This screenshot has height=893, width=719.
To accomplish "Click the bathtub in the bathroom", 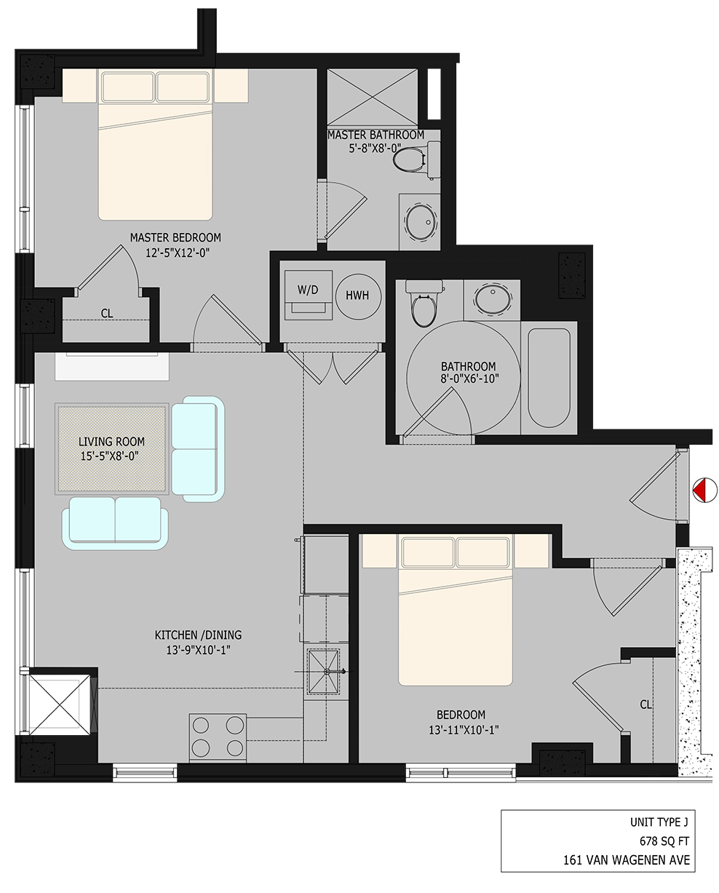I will tap(549, 378).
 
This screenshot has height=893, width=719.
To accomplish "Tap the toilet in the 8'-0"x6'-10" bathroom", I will tap(422, 304).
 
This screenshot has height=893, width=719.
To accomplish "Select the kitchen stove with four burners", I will tap(216, 737).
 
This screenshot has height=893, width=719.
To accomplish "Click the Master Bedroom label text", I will tap(175, 237).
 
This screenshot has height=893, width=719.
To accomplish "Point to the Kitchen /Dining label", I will tap(198, 635).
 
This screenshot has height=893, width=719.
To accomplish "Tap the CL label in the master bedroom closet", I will tap(107, 314).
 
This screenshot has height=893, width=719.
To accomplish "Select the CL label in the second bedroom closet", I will tap(645, 705).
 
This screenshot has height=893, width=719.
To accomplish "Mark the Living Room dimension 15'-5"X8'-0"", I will tap(112, 456).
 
